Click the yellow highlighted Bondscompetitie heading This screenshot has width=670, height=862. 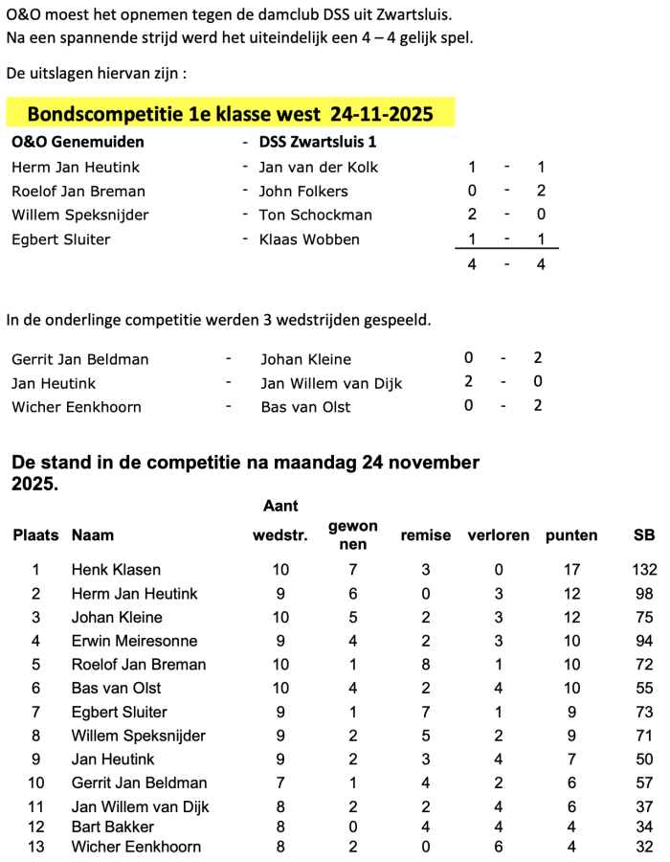coord(230,114)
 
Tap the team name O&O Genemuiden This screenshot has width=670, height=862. coord(78,142)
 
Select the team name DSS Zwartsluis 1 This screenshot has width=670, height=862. coord(318,142)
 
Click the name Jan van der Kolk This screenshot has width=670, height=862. coord(319,167)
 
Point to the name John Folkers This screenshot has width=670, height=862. coord(303,191)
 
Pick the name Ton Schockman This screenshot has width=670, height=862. coord(315,215)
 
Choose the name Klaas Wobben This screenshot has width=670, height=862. coord(309,239)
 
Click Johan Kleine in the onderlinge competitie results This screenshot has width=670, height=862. coord(305,359)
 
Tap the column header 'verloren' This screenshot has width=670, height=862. coord(498,535)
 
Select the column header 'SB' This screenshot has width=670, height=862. coord(644,535)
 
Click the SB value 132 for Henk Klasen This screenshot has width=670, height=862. coord(644,570)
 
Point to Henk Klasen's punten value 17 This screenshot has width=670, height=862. coord(572,570)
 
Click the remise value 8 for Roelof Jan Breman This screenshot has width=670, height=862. coord(427,665)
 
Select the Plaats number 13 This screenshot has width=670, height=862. coord(36,847)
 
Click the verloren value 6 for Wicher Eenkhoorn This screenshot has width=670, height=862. coord(499,847)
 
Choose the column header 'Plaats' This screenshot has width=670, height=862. coord(35,535)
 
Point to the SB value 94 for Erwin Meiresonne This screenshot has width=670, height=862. coord(644,641)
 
